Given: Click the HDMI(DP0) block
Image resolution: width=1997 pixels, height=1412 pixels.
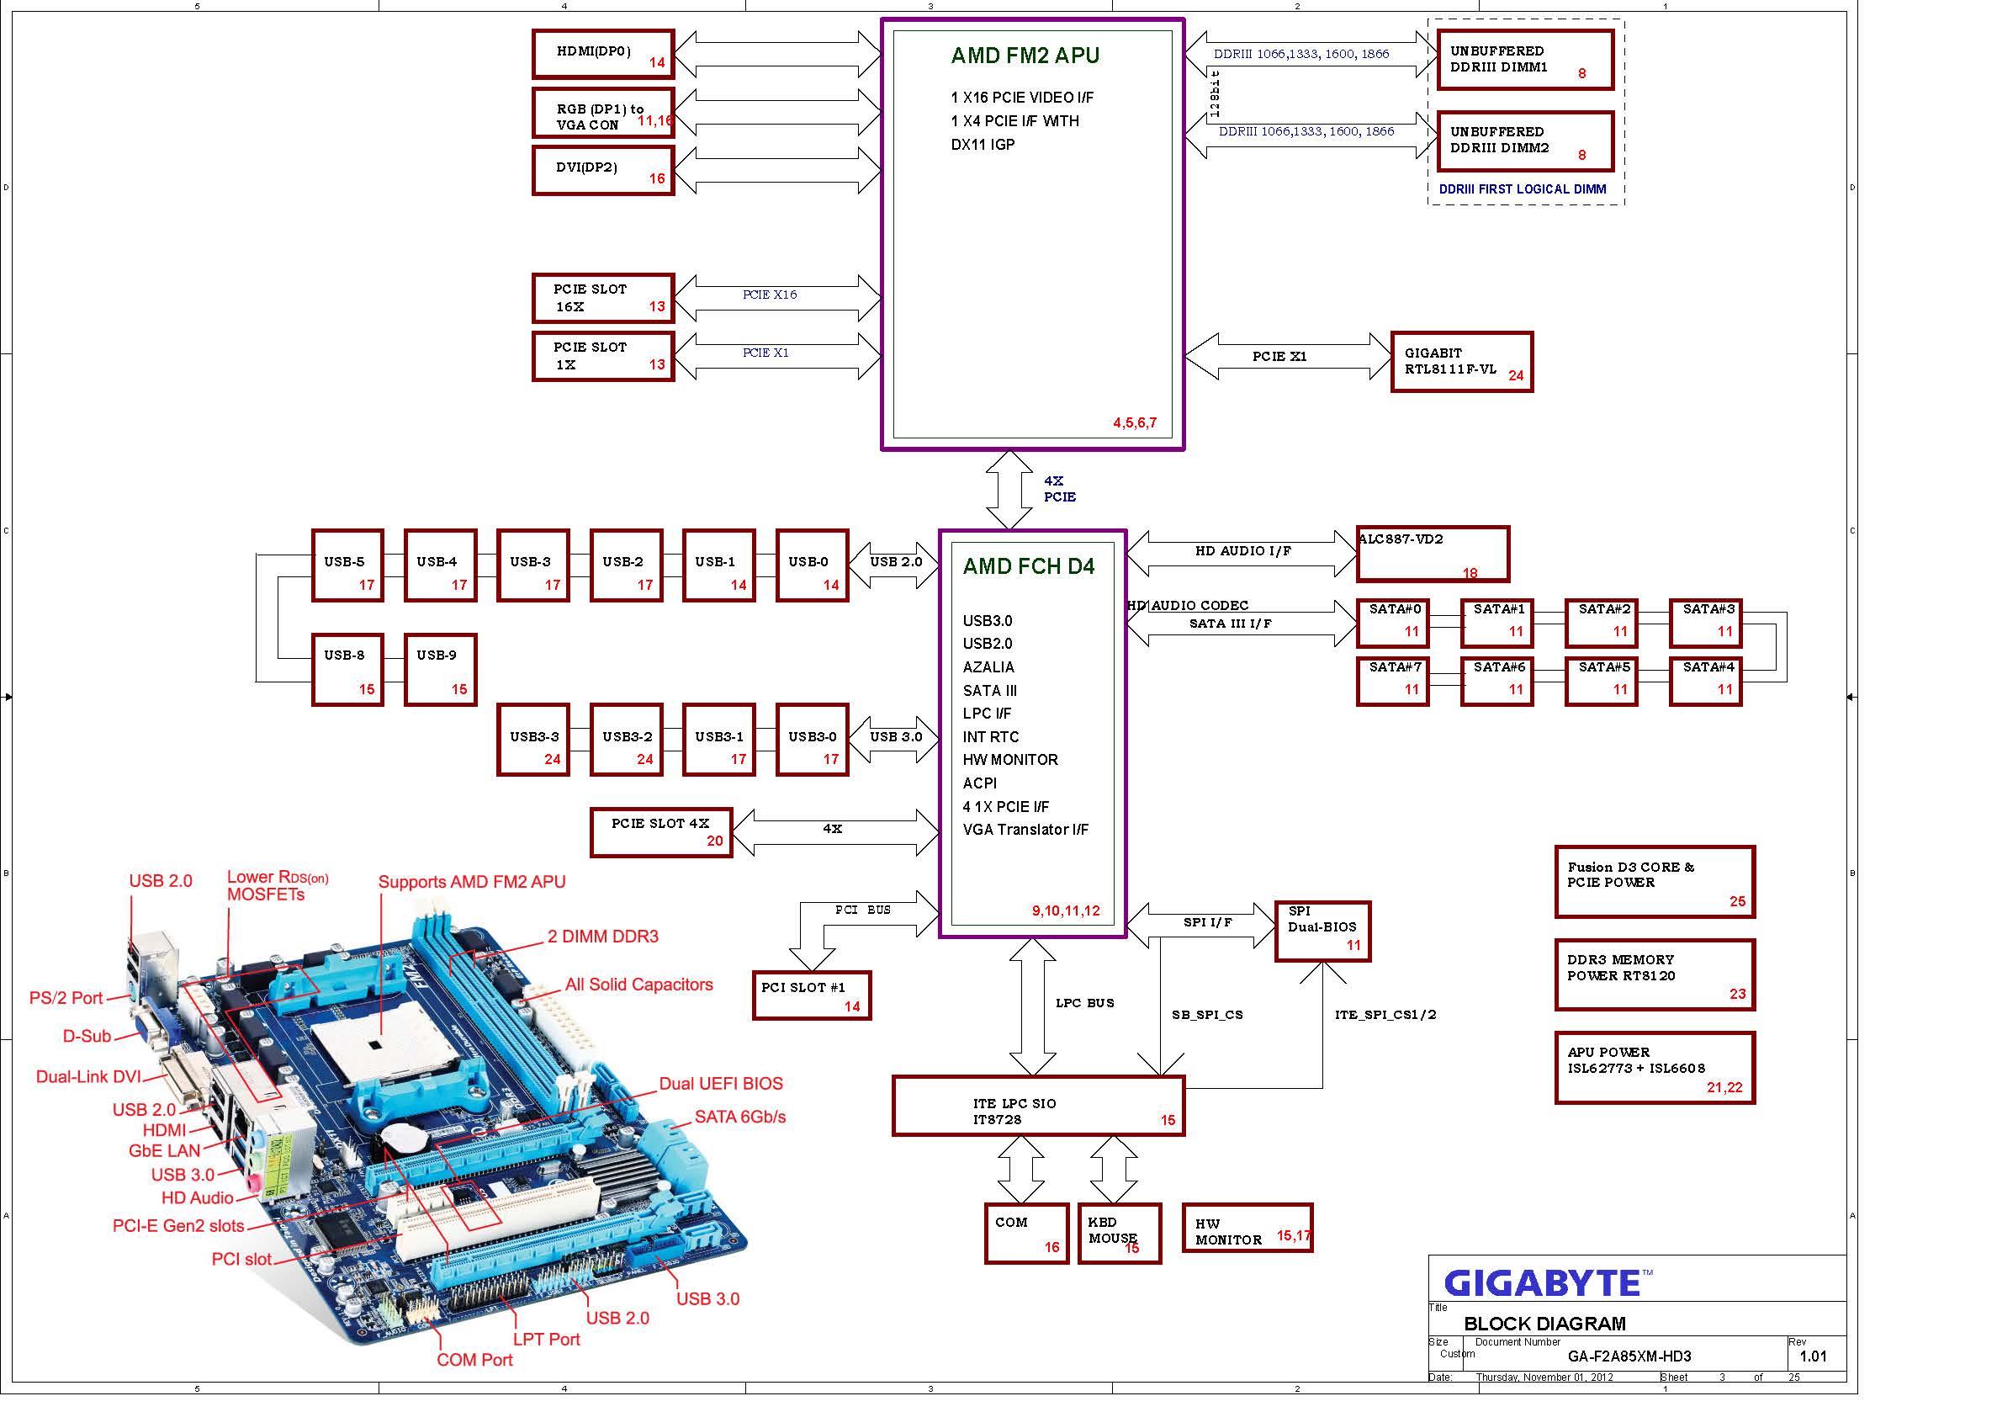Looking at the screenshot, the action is click(603, 54).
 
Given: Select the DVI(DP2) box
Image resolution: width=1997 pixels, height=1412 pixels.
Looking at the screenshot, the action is click(603, 171).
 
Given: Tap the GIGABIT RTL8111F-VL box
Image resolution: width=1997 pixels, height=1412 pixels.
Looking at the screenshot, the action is click(1461, 362).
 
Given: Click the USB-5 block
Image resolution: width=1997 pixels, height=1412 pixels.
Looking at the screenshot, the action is click(348, 565).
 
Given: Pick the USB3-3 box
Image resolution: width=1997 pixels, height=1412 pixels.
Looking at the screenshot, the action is click(533, 740).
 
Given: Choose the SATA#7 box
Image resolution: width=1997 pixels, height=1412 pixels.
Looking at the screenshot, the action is click(1392, 682).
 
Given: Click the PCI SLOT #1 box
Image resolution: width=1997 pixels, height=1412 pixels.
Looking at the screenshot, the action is click(812, 995).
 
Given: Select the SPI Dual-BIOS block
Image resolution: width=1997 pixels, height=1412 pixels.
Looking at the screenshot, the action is click(1322, 932).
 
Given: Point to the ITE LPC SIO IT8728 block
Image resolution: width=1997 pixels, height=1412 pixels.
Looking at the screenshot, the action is click(1039, 1106).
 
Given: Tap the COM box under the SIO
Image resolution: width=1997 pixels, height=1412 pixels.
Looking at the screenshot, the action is click(1026, 1233).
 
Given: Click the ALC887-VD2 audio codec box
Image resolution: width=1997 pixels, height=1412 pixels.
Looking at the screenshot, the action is click(1433, 555).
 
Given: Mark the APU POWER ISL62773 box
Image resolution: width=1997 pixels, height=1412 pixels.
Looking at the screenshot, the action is click(1655, 1068).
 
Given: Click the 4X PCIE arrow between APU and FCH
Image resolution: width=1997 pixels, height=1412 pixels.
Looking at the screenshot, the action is click(1009, 490).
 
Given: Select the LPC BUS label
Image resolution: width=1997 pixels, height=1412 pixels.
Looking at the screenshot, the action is click(1084, 1003).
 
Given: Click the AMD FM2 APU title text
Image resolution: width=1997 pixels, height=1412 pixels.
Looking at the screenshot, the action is click(1025, 56).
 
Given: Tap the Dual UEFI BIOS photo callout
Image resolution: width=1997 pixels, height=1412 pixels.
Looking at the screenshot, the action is click(721, 1084).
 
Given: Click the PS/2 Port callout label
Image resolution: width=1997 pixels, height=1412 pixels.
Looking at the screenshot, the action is click(66, 998).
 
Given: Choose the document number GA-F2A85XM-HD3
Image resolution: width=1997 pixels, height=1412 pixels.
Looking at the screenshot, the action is click(1629, 1356).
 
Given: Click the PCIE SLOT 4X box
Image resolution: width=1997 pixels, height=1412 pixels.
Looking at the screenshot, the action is click(661, 832).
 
